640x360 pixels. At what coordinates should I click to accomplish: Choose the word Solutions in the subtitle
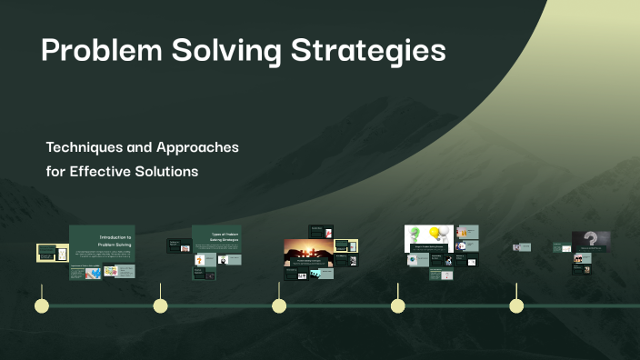[169, 171]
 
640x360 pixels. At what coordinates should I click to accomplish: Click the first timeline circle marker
[41, 305]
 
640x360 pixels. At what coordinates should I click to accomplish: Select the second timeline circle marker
[160, 305]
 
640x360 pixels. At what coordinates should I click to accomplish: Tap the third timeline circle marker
[279, 305]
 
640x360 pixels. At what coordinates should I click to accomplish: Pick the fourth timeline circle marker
[397, 305]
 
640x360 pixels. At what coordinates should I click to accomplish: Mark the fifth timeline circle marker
[516, 305]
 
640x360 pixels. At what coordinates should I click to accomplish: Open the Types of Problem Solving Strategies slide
[216, 238]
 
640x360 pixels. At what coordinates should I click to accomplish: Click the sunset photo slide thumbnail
[308, 252]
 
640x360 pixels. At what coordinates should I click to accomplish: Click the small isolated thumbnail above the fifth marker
[521, 246]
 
